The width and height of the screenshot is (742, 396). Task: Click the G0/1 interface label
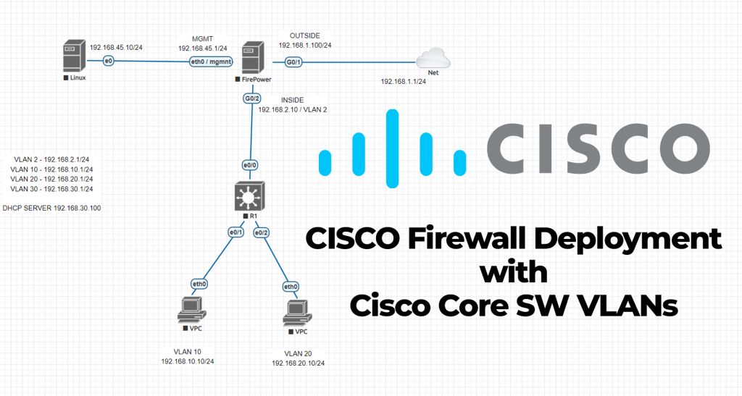[294, 62]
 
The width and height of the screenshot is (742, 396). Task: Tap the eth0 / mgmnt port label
[210, 62]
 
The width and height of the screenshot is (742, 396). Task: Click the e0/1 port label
[235, 232]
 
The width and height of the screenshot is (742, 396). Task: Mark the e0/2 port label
[261, 232]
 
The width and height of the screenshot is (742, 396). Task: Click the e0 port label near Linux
[109, 61]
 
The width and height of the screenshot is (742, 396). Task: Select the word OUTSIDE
[304, 34]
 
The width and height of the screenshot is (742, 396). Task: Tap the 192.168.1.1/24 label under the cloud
[403, 82]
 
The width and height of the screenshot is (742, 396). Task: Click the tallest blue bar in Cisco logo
[393, 144]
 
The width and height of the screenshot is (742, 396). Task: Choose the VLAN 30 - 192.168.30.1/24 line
[56, 189]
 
